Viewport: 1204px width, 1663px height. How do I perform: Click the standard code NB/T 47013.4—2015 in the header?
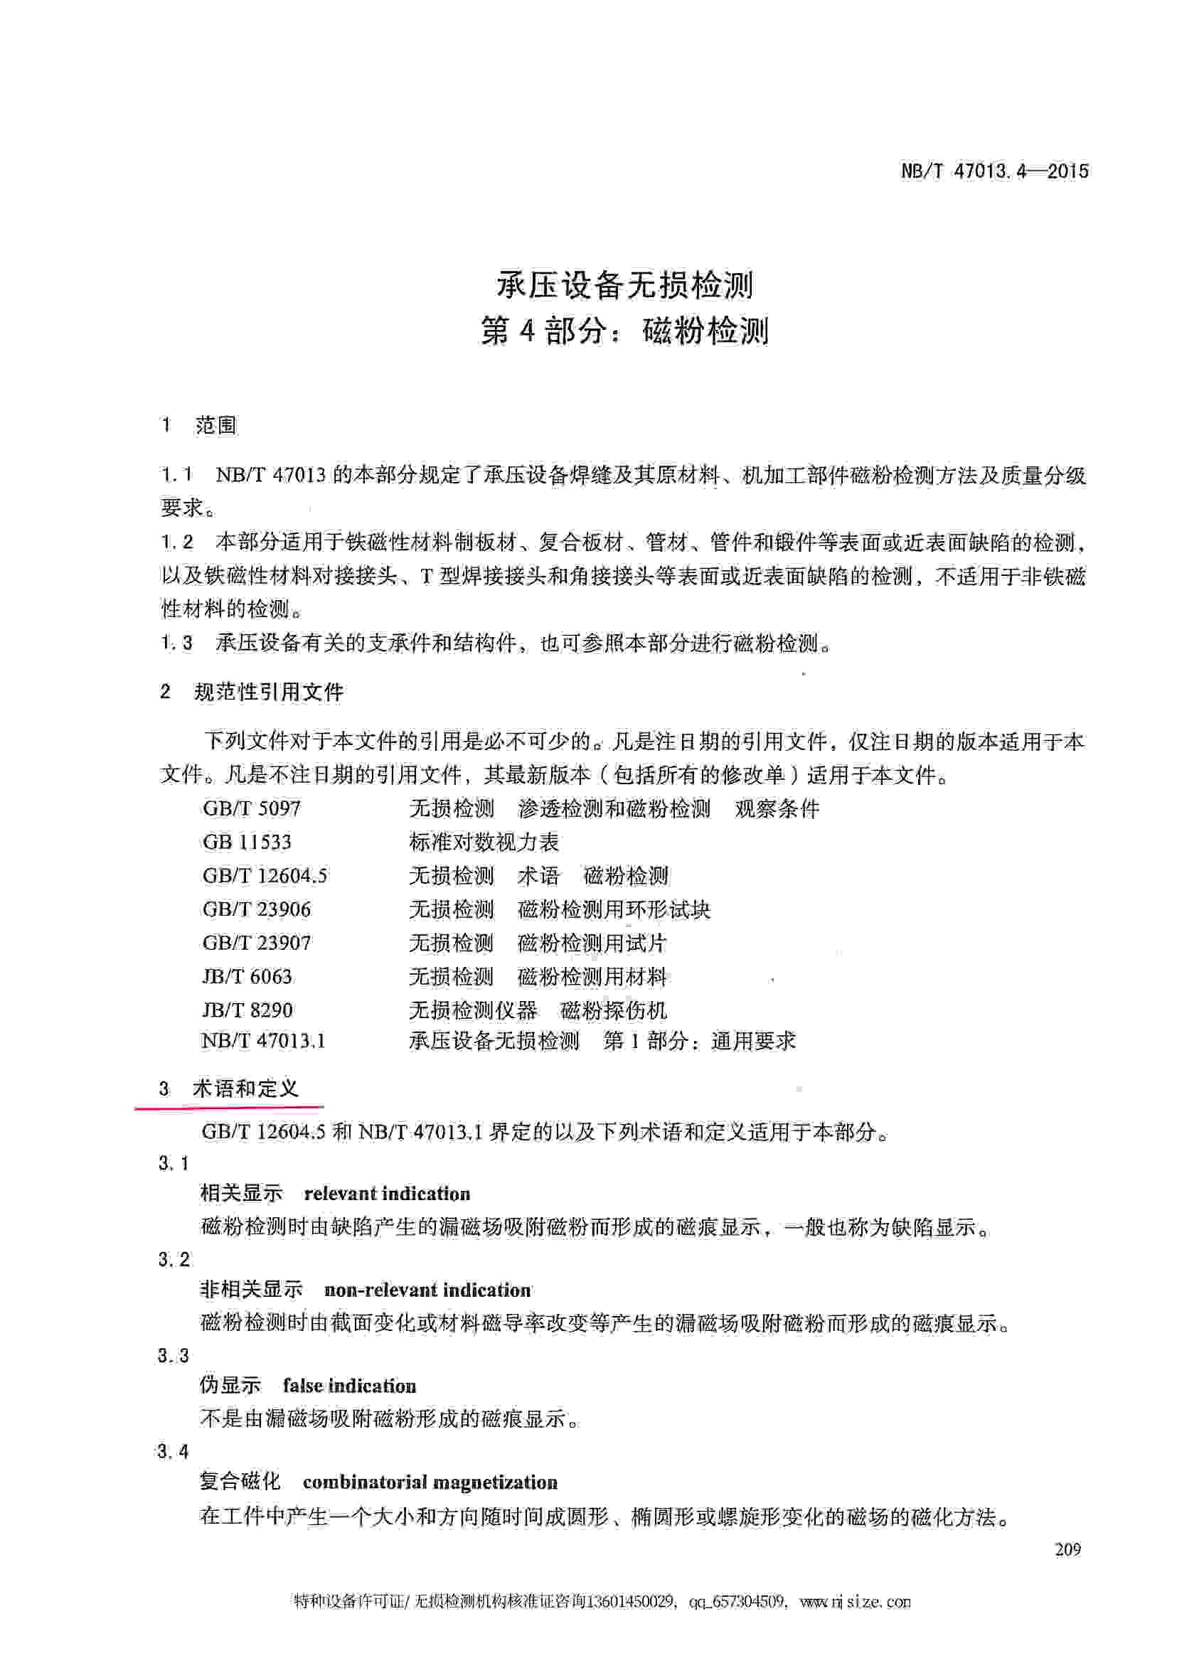pyautogui.click(x=993, y=171)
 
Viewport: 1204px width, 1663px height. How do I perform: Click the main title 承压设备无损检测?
pyautogui.click(x=624, y=284)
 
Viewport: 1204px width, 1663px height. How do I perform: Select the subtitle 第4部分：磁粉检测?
pyautogui.click(x=624, y=331)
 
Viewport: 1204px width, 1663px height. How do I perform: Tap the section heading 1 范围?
pyautogui.click(x=198, y=425)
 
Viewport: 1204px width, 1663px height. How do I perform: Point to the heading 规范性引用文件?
pyautogui.click(x=268, y=692)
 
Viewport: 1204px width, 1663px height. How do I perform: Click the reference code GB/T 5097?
pyautogui.click(x=252, y=809)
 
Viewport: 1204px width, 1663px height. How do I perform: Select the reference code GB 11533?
pyautogui.click(x=246, y=842)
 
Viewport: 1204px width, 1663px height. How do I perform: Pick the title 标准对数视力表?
pyautogui.click(x=484, y=842)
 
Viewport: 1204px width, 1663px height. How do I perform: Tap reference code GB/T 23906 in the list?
pyautogui.click(x=257, y=909)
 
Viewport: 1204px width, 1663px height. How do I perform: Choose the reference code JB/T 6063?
pyautogui.click(x=247, y=977)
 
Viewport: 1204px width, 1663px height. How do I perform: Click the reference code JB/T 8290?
pyautogui.click(x=247, y=1010)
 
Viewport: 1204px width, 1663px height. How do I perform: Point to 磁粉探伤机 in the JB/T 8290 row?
pyautogui.click(x=613, y=1010)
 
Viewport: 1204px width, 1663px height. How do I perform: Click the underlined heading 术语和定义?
pyautogui.click(x=245, y=1088)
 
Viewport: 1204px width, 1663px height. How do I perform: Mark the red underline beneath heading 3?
pyautogui.click(x=229, y=1105)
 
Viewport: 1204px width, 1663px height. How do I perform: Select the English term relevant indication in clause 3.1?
pyautogui.click(x=386, y=1194)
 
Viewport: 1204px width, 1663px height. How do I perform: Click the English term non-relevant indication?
pyautogui.click(x=427, y=1290)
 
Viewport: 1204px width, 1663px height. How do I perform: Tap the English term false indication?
pyautogui.click(x=349, y=1386)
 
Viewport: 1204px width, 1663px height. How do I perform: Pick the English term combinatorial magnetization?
pyautogui.click(x=430, y=1482)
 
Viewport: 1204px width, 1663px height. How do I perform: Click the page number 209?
pyautogui.click(x=1067, y=1549)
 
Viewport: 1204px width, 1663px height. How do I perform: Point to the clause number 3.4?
pyautogui.click(x=173, y=1452)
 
